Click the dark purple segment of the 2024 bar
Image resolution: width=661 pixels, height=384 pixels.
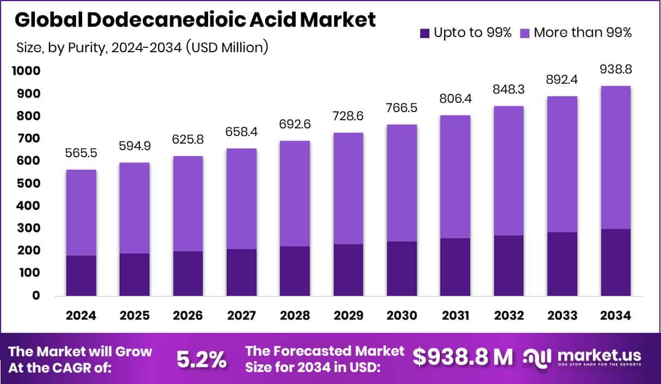(81, 275)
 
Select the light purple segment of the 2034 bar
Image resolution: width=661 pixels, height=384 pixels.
(616, 157)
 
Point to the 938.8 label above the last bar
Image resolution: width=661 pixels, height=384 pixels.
(616, 70)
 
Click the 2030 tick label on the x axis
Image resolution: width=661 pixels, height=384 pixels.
(402, 316)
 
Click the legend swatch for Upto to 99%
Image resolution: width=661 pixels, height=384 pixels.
(425, 33)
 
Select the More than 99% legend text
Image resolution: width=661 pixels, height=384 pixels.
(582, 33)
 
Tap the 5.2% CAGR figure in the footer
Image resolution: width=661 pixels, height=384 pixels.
(201, 359)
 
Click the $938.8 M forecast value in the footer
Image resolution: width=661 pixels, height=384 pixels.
(463, 357)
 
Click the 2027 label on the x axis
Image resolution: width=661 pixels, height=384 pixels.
(241, 316)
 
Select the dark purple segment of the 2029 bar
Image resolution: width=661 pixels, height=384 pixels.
(348, 270)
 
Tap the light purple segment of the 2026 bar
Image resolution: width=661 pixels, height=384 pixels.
(188, 203)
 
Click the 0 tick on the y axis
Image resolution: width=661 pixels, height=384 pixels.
(36, 295)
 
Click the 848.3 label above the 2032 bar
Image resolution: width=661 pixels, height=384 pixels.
(509, 89)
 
